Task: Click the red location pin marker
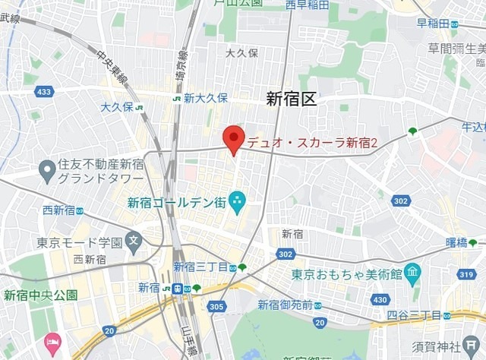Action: click(x=233, y=139)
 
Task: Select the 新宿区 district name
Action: click(x=291, y=98)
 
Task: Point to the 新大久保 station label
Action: click(x=205, y=98)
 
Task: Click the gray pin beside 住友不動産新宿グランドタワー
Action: click(x=48, y=170)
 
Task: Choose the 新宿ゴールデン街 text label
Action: click(x=176, y=202)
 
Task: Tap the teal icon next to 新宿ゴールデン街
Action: click(x=237, y=201)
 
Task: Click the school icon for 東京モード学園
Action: click(x=134, y=243)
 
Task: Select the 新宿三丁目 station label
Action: click(x=200, y=267)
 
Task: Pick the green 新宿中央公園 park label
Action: click(x=39, y=295)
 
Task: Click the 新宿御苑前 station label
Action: click(x=285, y=305)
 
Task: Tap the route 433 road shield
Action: click(x=44, y=92)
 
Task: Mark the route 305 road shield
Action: click(x=216, y=307)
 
